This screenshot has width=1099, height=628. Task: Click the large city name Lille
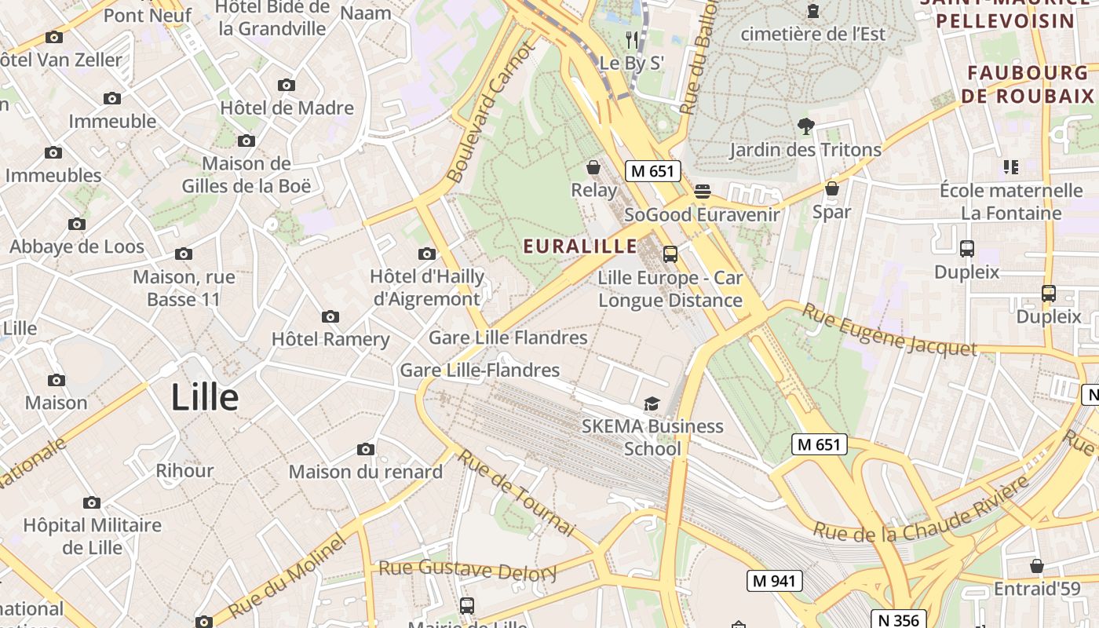point(205,397)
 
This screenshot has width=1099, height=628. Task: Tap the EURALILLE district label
point(581,246)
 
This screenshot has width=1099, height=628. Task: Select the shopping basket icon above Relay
point(593,167)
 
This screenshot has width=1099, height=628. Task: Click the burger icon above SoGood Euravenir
point(702,192)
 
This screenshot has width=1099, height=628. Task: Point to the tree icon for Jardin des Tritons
point(805,126)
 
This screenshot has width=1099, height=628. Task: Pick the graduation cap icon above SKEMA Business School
point(652,403)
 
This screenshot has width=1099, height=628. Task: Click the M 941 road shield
point(775,581)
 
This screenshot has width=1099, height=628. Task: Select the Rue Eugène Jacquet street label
point(889,330)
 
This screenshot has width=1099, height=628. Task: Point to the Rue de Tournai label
point(517,492)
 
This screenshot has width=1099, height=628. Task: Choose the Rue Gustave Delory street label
point(468,569)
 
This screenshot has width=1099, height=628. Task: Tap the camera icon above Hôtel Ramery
point(330,316)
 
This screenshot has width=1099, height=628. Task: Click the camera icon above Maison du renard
point(365,449)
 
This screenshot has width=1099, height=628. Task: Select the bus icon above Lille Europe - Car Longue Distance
point(670,254)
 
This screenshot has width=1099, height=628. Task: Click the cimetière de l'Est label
point(812,34)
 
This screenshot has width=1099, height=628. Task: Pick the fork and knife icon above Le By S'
point(632,39)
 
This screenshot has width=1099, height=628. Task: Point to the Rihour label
point(184,471)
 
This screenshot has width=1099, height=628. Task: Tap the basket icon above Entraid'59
point(1037,566)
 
